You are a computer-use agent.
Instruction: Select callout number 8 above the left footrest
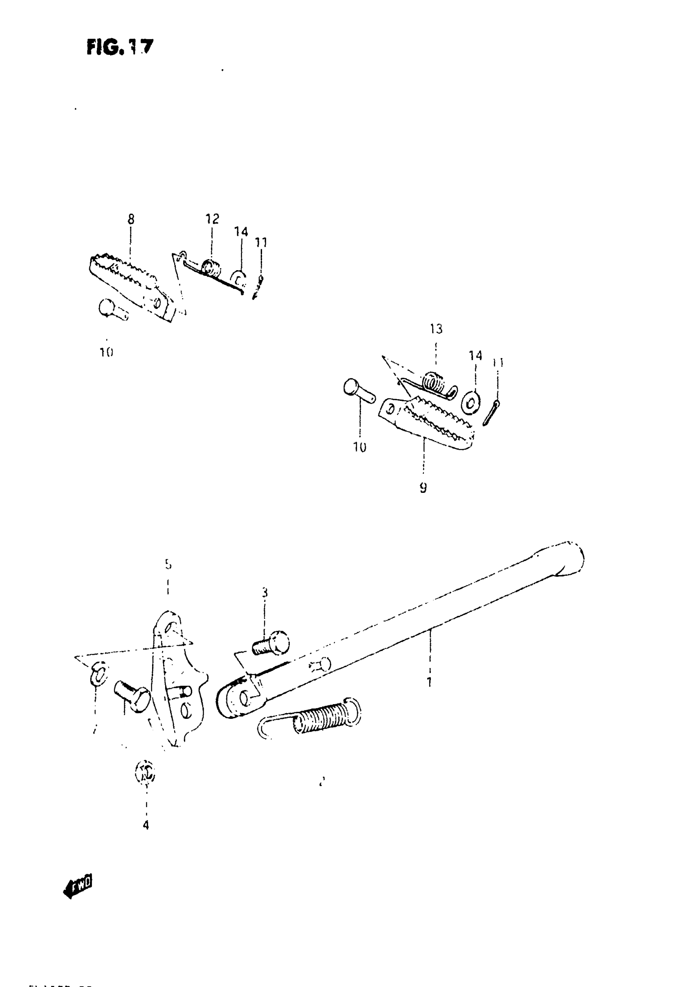tap(131, 219)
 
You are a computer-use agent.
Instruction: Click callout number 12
tap(212, 219)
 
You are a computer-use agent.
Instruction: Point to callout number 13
tap(436, 329)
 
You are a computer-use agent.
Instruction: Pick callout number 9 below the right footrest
tap(423, 488)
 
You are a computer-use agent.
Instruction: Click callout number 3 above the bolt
tap(265, 593)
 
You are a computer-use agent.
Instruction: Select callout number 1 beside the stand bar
tap(429, 682)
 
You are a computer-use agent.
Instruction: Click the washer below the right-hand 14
tap(471, 403)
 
